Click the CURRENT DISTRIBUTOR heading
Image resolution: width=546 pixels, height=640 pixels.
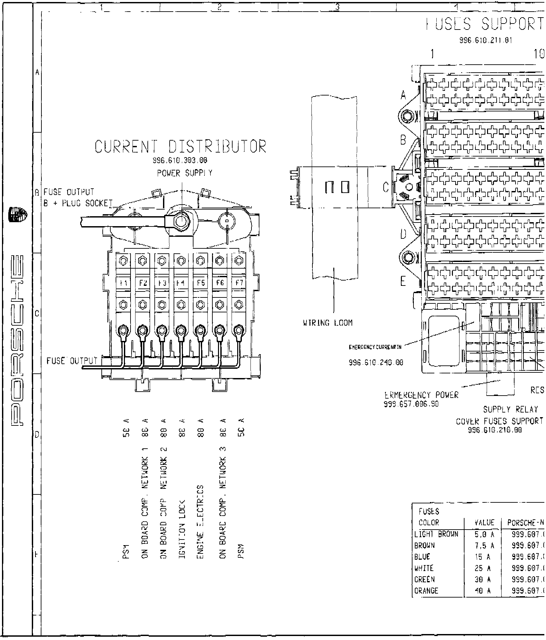[181, 147]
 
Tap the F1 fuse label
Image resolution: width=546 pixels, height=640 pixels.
[124, 283]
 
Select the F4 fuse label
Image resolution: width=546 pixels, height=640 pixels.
[181, 283]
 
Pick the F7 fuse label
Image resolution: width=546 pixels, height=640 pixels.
[239, 283]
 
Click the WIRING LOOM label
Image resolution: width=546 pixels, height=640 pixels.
[328, 323]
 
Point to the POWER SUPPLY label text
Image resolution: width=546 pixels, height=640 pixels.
[185, 173]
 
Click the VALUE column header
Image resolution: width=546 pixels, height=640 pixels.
[484, 523]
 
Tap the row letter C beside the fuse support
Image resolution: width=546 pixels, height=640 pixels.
[386, 188]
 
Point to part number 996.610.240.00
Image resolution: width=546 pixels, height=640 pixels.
[376, 362]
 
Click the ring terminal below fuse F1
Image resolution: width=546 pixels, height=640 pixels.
[124, 330]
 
